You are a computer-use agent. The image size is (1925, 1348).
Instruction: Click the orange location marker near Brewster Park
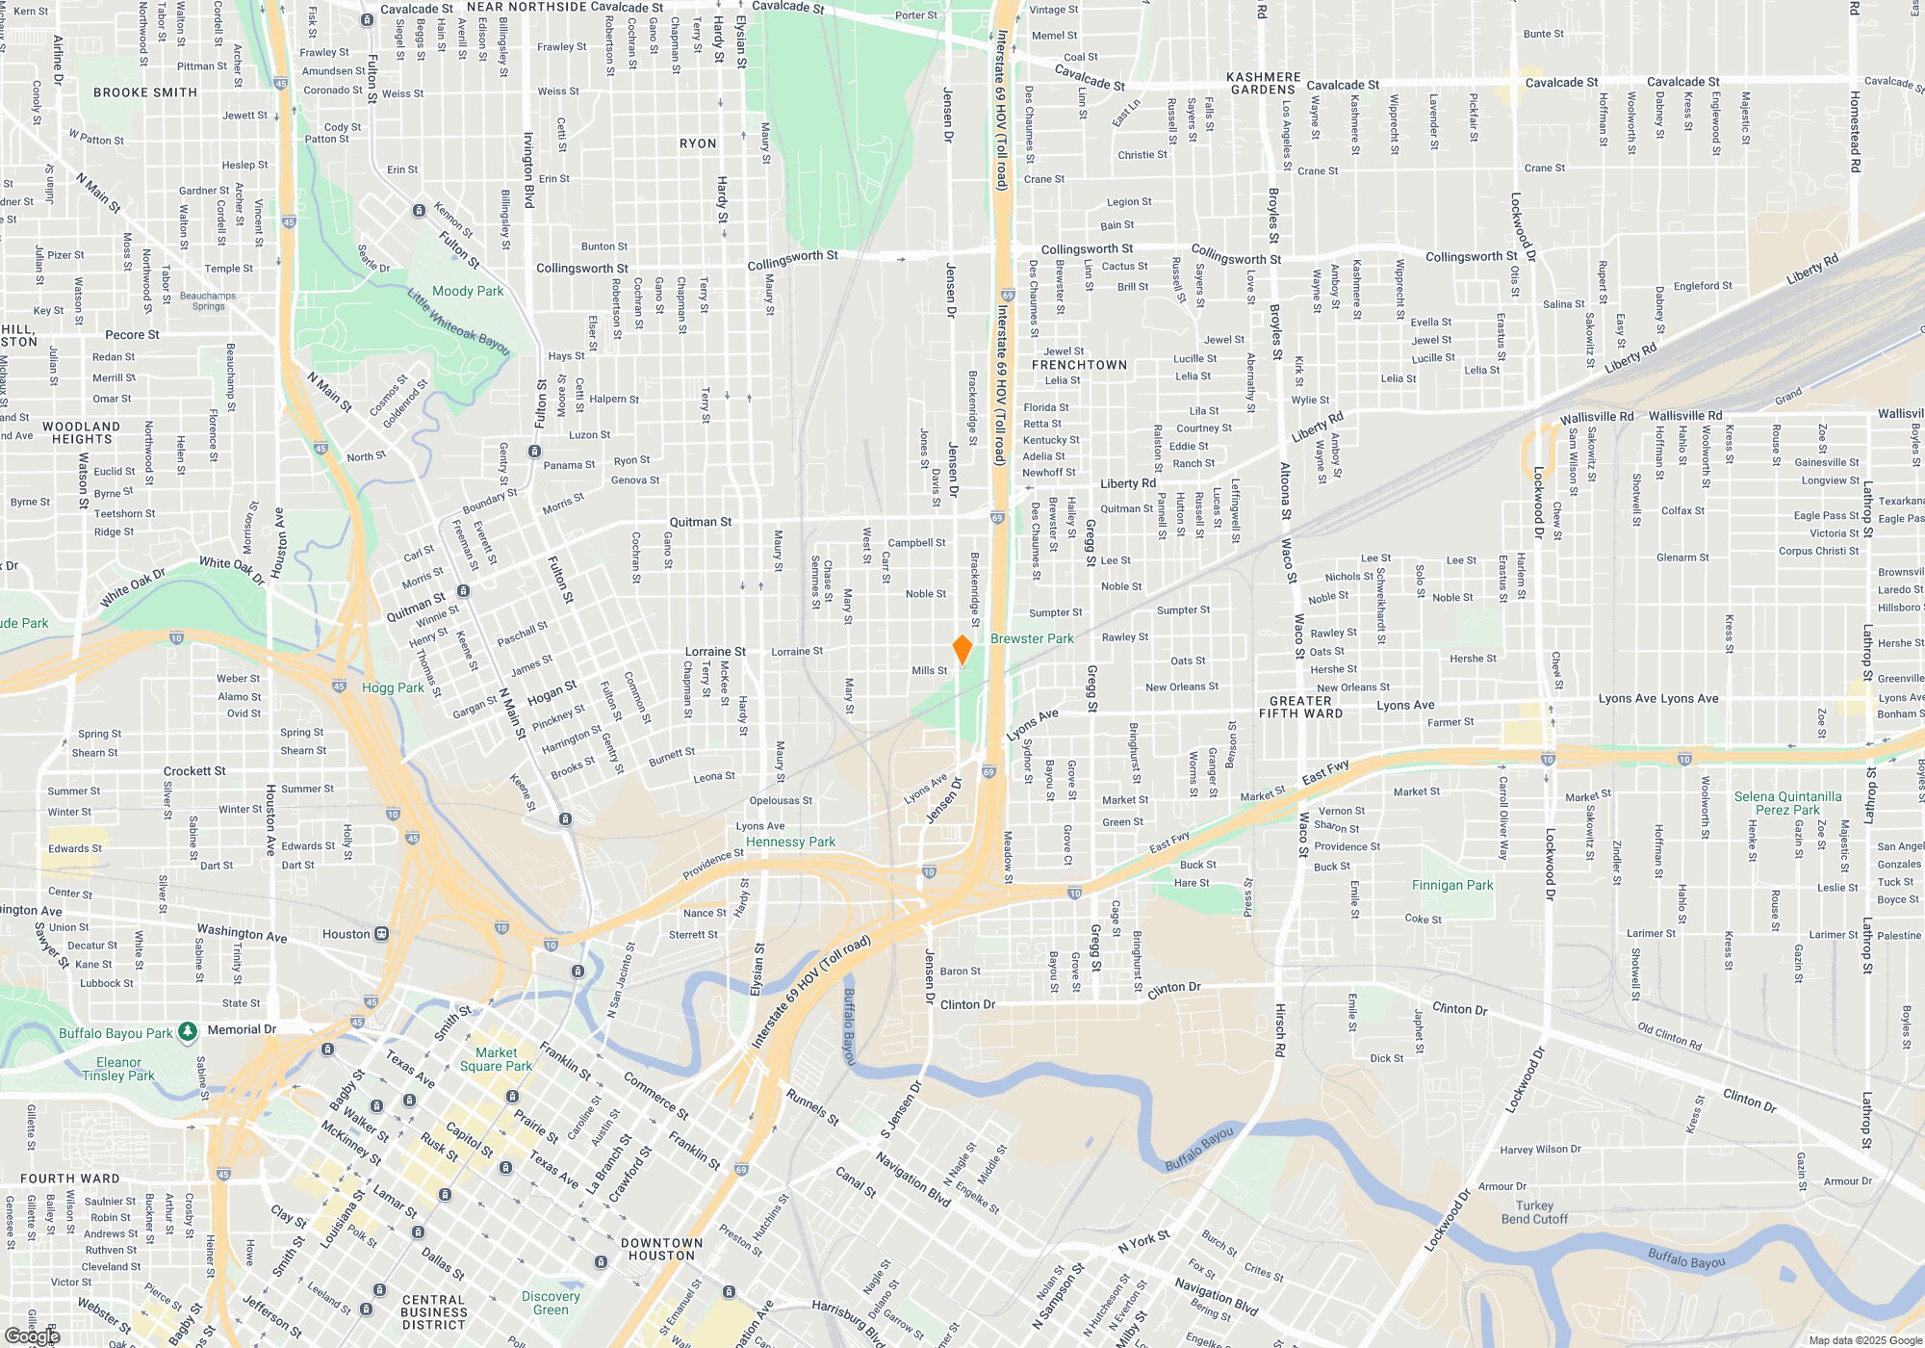coord(962,649)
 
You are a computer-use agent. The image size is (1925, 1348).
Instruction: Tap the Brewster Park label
coord(1031,638)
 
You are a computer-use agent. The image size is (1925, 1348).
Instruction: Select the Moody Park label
coord(468,291)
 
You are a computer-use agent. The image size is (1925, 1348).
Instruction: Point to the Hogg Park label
coord(393,687)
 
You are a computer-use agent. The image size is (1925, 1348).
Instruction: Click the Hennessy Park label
coord(790,842)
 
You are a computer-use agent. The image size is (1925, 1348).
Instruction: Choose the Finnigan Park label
coord(1452,885)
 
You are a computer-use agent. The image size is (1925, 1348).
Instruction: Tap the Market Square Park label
coord(496,1059)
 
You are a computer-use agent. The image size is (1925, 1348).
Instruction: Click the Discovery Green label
coord(551,1303)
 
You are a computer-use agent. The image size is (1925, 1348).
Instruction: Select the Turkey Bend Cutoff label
coord(1534,1212)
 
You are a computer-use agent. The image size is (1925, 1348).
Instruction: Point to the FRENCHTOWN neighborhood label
coord(1079,365)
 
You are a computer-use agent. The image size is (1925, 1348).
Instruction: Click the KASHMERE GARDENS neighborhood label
coord(1263,84)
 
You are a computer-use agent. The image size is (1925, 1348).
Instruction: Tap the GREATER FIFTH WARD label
coord(1300,707)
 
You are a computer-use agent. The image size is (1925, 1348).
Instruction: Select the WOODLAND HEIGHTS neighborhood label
coord(82,432)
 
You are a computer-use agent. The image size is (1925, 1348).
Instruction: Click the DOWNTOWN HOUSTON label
coord(661,1249)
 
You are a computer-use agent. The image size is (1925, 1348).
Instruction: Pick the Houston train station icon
coord(382,934)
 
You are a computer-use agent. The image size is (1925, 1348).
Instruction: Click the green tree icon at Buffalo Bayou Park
coord(188,1032)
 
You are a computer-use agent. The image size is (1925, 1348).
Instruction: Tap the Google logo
coord(33,1336)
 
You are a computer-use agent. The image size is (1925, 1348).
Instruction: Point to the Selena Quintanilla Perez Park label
coord(1787,803)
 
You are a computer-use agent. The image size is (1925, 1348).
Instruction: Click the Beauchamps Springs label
coord(208,301)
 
